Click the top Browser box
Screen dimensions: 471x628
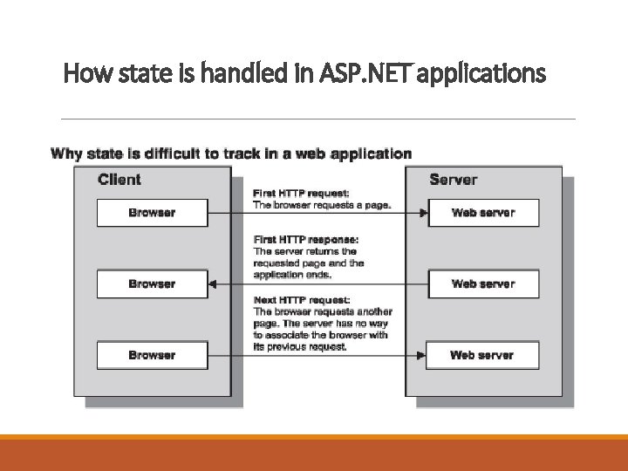(x=152, y=213)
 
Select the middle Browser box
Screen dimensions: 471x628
(x=152, y=284)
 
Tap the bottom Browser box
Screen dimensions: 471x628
(x=152, y=355)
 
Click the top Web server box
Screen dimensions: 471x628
(x=483, y=213)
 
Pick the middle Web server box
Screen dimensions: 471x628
(x=483, y=284)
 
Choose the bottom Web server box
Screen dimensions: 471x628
(x=483, y=355)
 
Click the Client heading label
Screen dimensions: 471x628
(x=119, y=180)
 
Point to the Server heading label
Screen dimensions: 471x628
(x=454, y=180)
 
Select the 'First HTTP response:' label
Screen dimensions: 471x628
(x=305, y=239)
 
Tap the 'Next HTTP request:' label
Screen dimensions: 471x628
(x=302, y=299)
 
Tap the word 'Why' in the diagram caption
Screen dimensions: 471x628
(x=66, y=154)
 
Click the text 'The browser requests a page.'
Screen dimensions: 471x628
(x=322, y=205)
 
